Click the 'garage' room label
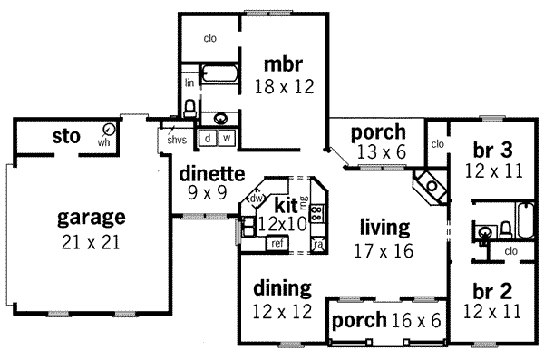point(91,218)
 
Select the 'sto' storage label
point(66,138)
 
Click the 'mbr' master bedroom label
point(282,64)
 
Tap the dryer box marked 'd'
point(208,138)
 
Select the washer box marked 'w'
point(226,138)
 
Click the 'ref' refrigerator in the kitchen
point(277,243)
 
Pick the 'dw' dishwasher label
point(257,199)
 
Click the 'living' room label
point(384,226)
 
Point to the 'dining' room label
point(282,288)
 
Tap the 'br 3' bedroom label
point(493,149)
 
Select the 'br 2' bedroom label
point(493,292)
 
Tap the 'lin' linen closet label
point(189,83)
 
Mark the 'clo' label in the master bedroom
point(210,38)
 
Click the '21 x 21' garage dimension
point(91,242)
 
